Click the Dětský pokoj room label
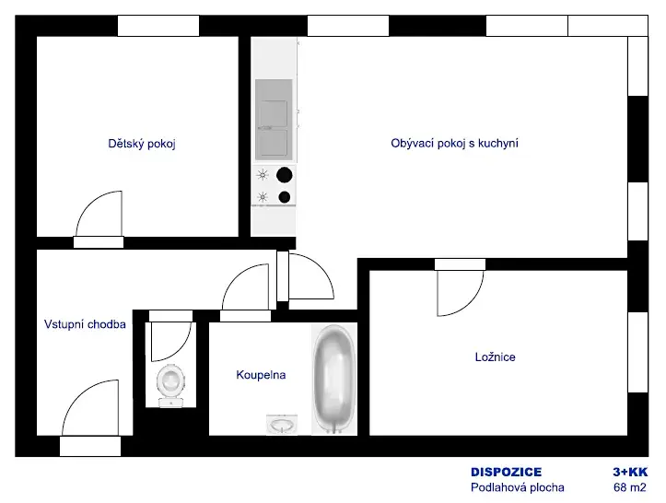pos(142,144)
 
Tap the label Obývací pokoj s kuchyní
pos(454,143)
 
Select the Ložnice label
pos(496,357)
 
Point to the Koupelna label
pos(261,375)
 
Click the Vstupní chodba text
pos(85,324)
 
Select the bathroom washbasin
pos(282,425)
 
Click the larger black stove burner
pos(284,175)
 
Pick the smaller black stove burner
pos(285,197)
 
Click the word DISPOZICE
pos(507,472)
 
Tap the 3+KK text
pos(630,472)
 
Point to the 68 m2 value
pos(630,487)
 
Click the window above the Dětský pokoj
pos(158,26)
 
